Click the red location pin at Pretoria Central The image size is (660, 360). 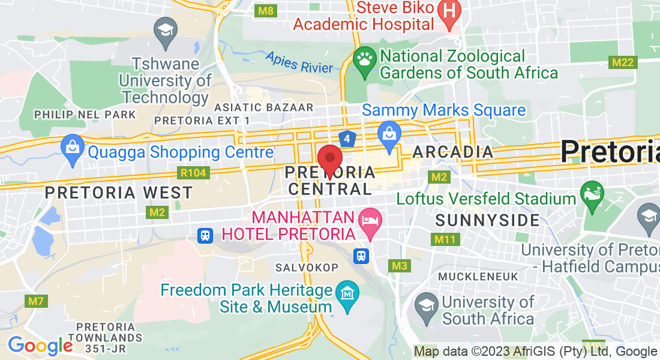[329, 160]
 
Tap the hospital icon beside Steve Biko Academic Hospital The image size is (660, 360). [448, 10]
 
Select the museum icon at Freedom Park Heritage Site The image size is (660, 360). [347, 294]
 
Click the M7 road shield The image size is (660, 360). [37, 301]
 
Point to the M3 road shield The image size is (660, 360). [399, 265]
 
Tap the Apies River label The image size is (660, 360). [299, 62]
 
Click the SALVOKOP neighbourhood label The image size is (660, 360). [307, 267]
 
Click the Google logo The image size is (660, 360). [40, 346]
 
